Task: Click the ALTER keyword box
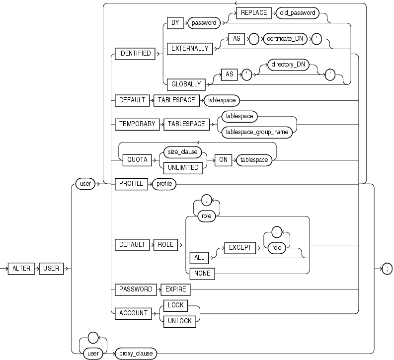[x=22, y=268]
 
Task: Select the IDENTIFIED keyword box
[x=134, y=53]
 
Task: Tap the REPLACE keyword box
[x=254, y=13]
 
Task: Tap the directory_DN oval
[x=287, y=65]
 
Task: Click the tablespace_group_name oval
[x=256, y=132]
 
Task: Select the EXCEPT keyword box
[x=239, y=245]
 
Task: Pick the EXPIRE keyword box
[x=175, y=288]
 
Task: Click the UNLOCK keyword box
[x=179, y=321]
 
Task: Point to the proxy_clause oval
[x=135, y=354]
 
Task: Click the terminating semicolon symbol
[x=386, y=268]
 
